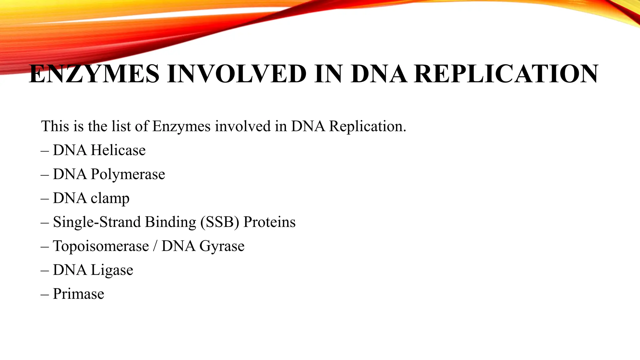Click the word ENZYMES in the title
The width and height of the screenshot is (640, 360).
(94, 74)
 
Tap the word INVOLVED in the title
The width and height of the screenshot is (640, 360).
(237, 74)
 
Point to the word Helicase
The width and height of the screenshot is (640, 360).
(118, 150)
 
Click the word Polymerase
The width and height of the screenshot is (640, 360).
(128, 174)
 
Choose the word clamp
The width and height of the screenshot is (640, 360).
(110, 198)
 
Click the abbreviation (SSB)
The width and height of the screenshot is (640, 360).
(220, 222)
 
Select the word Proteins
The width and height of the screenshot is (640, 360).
(269, 222)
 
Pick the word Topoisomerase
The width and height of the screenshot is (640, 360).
(101, 246)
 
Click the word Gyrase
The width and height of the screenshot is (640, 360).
(222, 246)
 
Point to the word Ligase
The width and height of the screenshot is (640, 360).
(112, 270)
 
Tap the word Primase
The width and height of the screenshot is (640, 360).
(78, 294)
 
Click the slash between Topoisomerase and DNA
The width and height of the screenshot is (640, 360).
(155, 246)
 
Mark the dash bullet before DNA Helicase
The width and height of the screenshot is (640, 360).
(45, 151)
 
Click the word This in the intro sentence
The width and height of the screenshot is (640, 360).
(55, 126)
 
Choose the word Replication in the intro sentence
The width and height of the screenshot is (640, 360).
(367, 126)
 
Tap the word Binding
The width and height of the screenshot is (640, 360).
(170, 222)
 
